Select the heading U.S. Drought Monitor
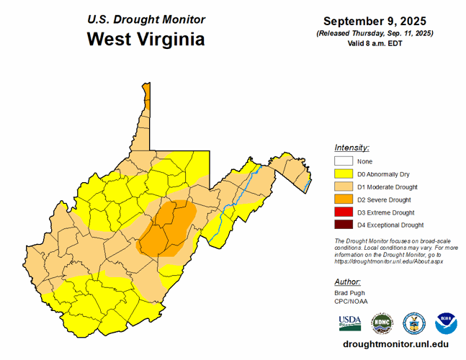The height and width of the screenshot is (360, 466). click(x=145, y=19)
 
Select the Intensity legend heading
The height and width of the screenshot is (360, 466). click(x=352, y=147)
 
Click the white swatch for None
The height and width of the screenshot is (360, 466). click(x=343, y=161)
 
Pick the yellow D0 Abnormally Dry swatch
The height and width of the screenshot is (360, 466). click(x=343, y=174)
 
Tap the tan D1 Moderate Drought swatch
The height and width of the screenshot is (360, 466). click(x=343, y=187)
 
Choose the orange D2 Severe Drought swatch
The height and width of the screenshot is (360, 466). click(x=343, y=199)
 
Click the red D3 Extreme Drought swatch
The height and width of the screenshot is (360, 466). click(x=343, y=212)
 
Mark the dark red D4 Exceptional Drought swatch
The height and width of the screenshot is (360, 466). click(x=343, y=225)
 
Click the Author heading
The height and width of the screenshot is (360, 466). click(x=348, y=282)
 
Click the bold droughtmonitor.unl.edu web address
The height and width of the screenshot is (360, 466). click(x=391, y=345)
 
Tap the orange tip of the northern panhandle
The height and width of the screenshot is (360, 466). click(x=146, y=94)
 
